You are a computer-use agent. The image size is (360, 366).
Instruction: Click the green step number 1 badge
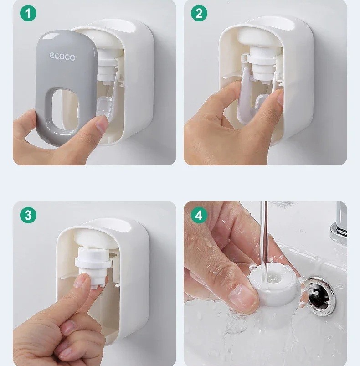28,13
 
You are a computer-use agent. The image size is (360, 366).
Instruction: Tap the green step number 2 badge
199,13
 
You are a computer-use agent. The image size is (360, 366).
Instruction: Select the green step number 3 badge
28,215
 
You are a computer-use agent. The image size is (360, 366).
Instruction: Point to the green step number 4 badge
199,215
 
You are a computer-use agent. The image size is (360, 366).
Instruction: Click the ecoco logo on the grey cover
62,57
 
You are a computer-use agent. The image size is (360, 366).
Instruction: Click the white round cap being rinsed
273,286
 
